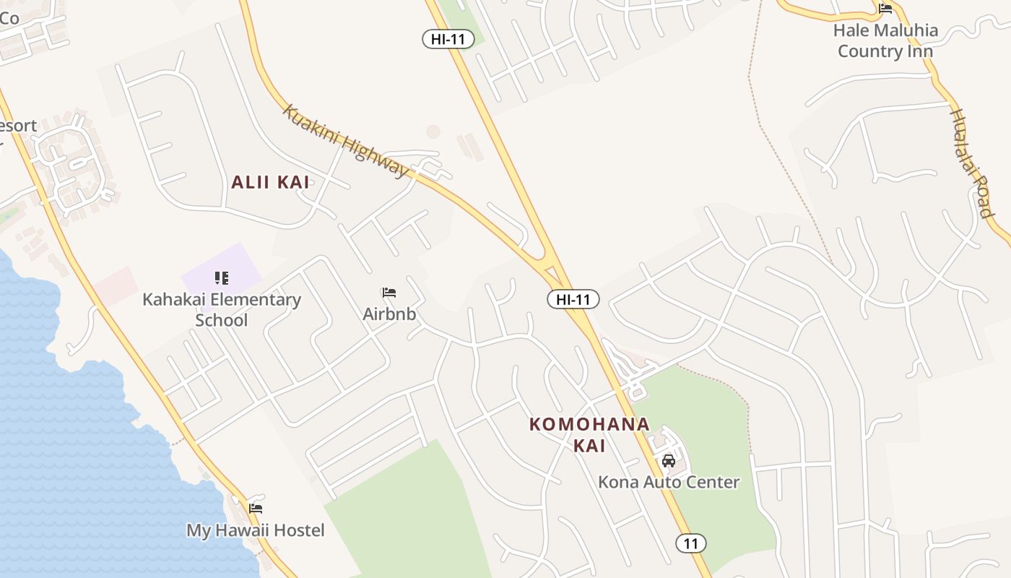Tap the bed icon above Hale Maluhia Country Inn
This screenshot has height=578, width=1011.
885,9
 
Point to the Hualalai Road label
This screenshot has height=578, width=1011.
972,163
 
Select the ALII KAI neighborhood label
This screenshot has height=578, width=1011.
270,183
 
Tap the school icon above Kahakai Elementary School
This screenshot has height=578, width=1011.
222,278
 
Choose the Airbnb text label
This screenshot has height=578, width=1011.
389,314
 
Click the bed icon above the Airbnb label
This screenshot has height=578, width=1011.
389,293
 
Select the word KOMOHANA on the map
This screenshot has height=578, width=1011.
589,424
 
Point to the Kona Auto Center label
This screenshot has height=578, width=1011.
669,482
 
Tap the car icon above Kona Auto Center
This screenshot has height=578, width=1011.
669,460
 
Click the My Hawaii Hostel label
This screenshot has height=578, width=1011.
256,530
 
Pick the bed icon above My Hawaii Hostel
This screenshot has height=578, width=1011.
256,508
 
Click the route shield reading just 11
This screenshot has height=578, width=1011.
691,543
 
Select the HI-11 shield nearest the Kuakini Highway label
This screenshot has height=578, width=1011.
448,39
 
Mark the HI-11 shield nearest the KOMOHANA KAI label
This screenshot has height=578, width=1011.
573,299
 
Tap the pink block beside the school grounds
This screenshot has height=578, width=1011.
116,285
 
